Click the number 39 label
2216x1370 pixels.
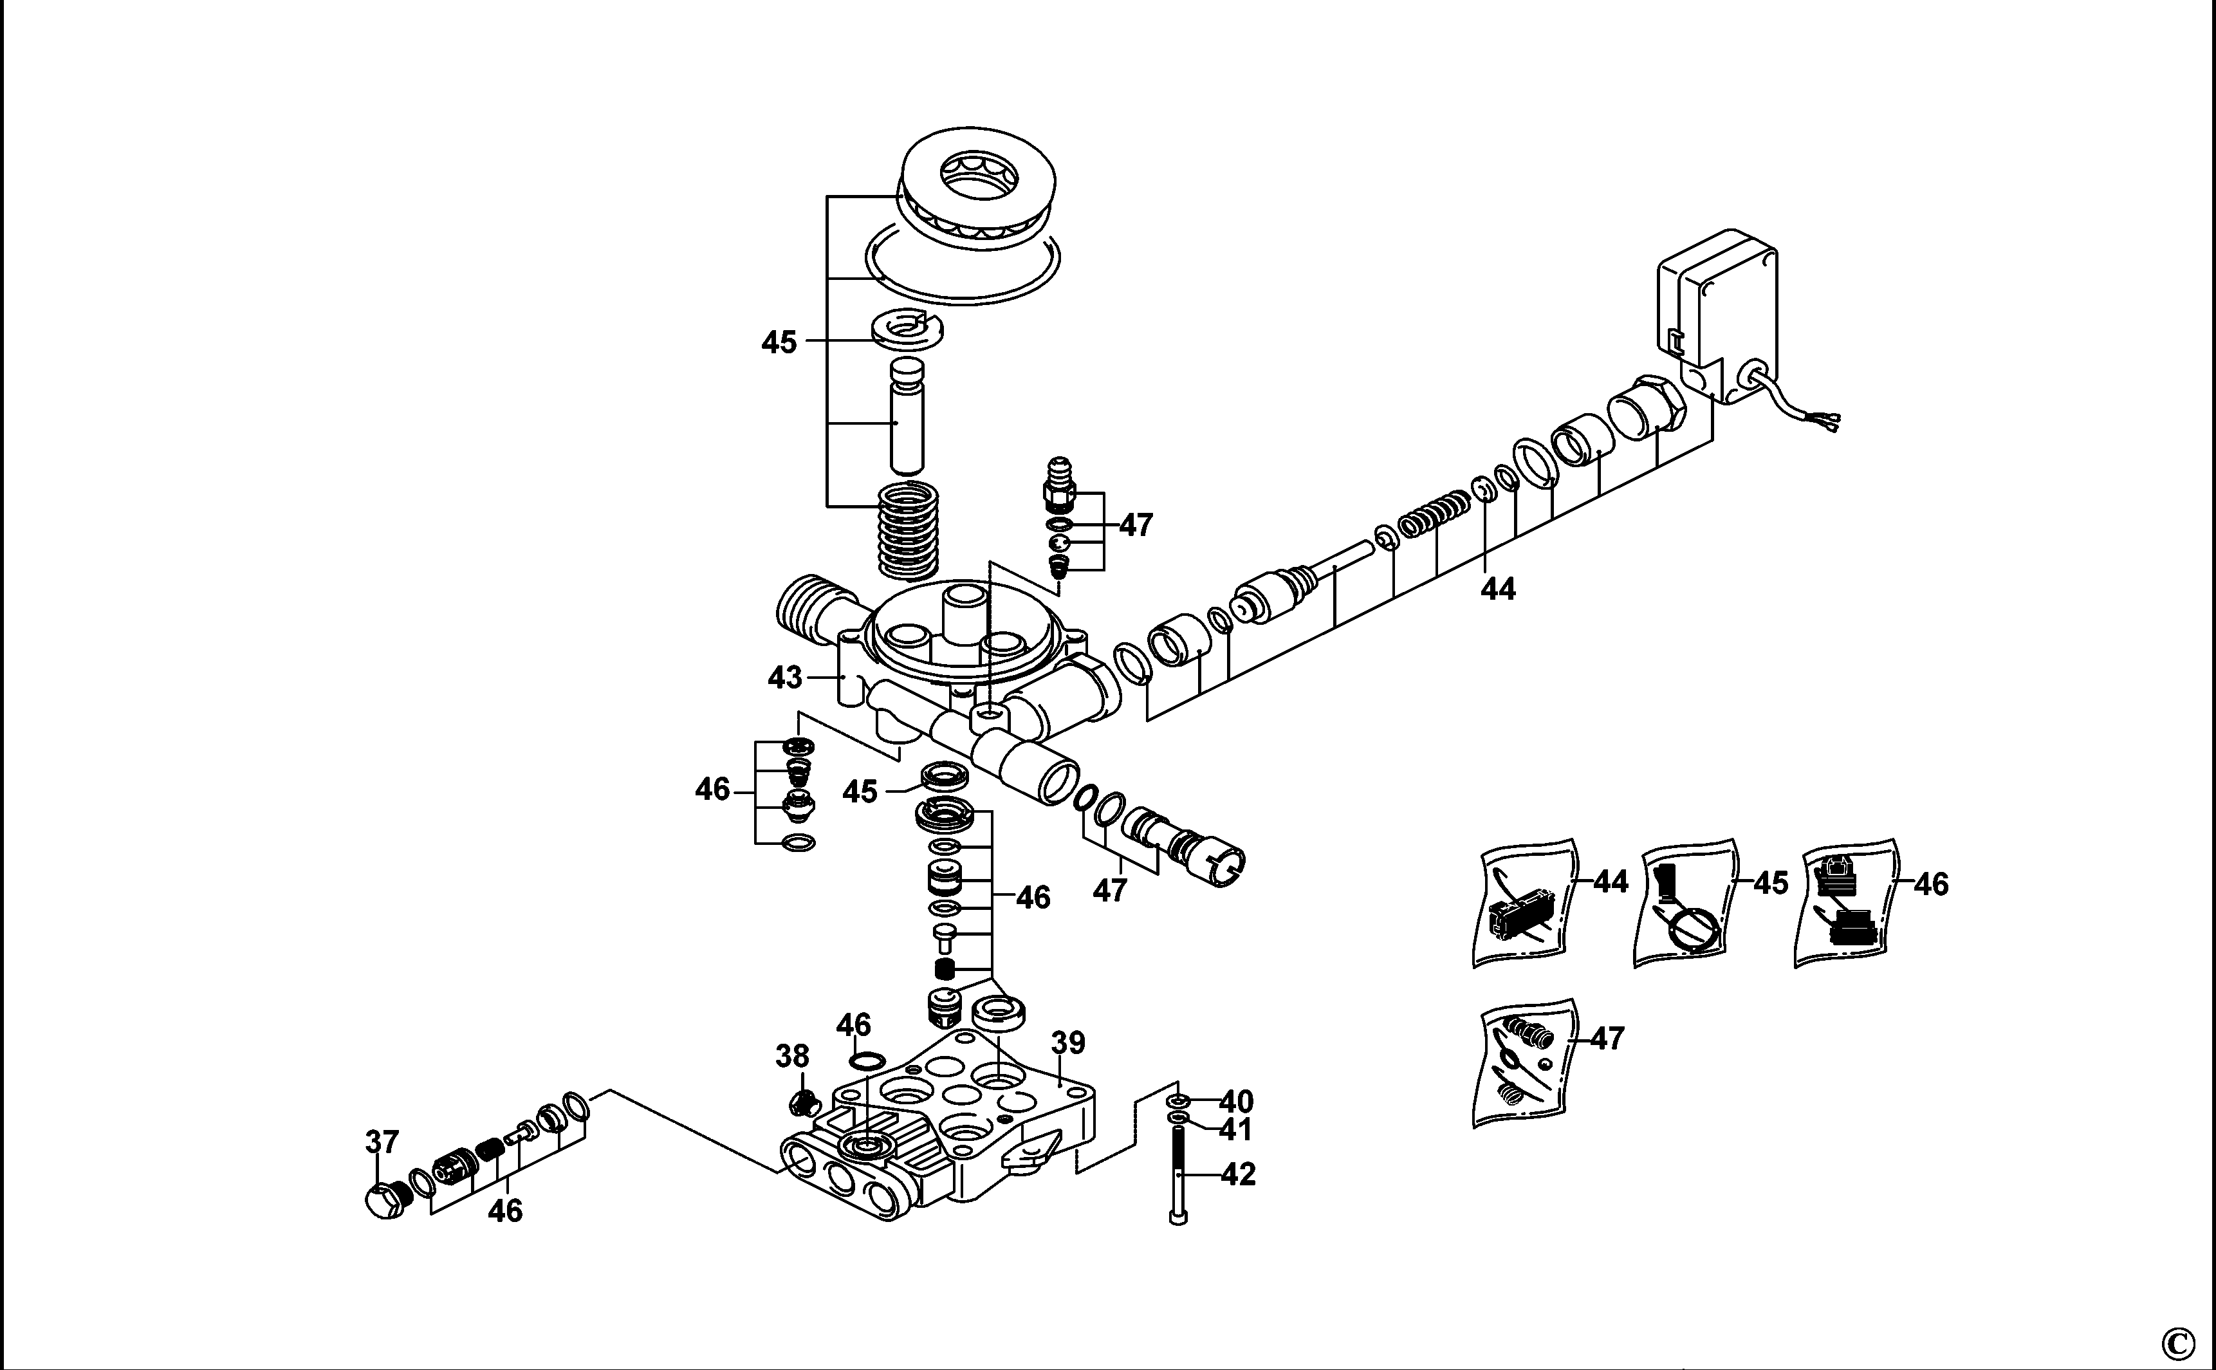[x=1068, y=1043]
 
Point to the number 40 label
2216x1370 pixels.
[x=1237, y=1102]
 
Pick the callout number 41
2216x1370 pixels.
[x=1237, y=1130]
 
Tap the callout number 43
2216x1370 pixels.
[x=784, y=677]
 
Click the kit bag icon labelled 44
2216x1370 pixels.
[x=1525, y=902]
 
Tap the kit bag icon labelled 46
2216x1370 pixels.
[x=1847, y=902]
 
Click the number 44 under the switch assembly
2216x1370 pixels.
[x=1497, y=589]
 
